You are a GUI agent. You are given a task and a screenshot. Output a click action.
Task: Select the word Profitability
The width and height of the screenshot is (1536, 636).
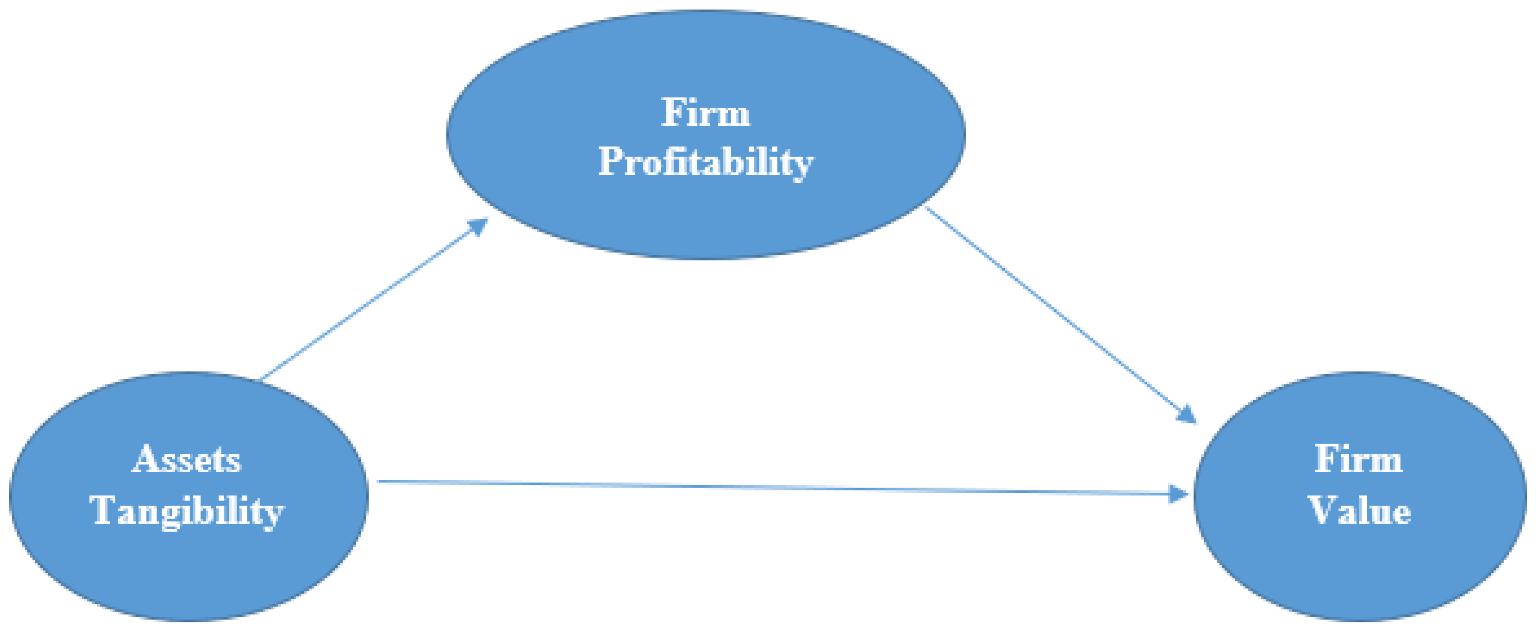705,162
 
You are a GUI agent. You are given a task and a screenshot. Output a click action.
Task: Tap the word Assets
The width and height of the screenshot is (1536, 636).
186,460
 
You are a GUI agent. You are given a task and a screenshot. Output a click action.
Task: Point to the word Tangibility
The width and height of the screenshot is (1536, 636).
186,511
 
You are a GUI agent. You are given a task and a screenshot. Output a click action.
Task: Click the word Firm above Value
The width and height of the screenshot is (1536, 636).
1359,460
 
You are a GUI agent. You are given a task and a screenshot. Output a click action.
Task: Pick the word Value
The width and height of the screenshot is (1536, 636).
1359,511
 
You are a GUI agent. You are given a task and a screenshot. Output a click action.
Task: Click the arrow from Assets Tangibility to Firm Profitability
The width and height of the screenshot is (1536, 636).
373,300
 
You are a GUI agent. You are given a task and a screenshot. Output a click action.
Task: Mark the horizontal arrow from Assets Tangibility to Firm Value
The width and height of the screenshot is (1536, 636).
775,487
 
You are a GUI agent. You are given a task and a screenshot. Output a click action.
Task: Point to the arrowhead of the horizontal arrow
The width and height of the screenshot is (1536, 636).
1178,494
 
